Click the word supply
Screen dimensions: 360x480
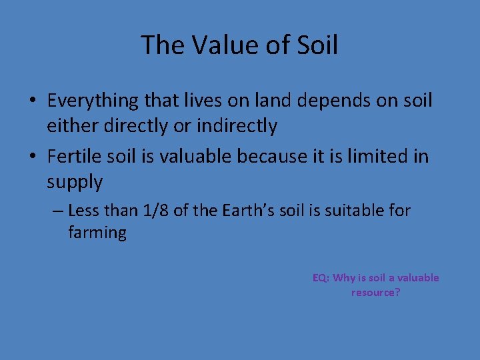pyautogui.click(x=75, y=181)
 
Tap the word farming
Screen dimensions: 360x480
pyautogui.click(x=97, y=233)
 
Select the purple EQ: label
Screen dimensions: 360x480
pyautogui.click(x=321, y=278)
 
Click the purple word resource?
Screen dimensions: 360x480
pyautogui.click(x=376, y=293)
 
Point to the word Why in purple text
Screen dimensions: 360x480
pyautogui.click(x=345, y=278)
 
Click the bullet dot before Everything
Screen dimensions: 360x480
pyautogui.click(x=32, y=101)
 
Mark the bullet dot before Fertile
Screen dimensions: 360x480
pyautogui.click(x=32, y=157)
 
